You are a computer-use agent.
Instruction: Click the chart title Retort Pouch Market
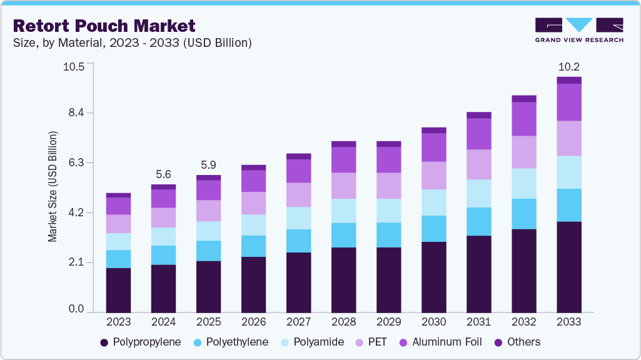click(x=104, y=26)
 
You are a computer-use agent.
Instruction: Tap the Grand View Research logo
click(x=578, y=30)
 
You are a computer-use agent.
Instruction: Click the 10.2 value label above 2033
click(x=569, y=66)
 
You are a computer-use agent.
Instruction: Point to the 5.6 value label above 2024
click(x=164, y=174)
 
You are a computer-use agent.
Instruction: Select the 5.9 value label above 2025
click(x=209, y=166)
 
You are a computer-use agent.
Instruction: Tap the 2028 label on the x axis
click(x=343, y=322)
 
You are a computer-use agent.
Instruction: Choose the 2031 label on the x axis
click(x=478, y=322)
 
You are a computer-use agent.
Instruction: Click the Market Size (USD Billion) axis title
click(x=53, y=187)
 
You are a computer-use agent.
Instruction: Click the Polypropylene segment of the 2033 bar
click(x=569, y=267)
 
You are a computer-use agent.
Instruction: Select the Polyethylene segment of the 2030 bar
click(x=434, y=229)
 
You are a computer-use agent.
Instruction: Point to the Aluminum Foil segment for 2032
click(x=524, y=119)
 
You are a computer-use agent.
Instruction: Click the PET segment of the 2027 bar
click(x=299, y=195)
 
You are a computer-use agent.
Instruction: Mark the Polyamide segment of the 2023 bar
click(x=119, y=242)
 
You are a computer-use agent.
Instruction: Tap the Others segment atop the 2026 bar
click(x=254, y=167)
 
